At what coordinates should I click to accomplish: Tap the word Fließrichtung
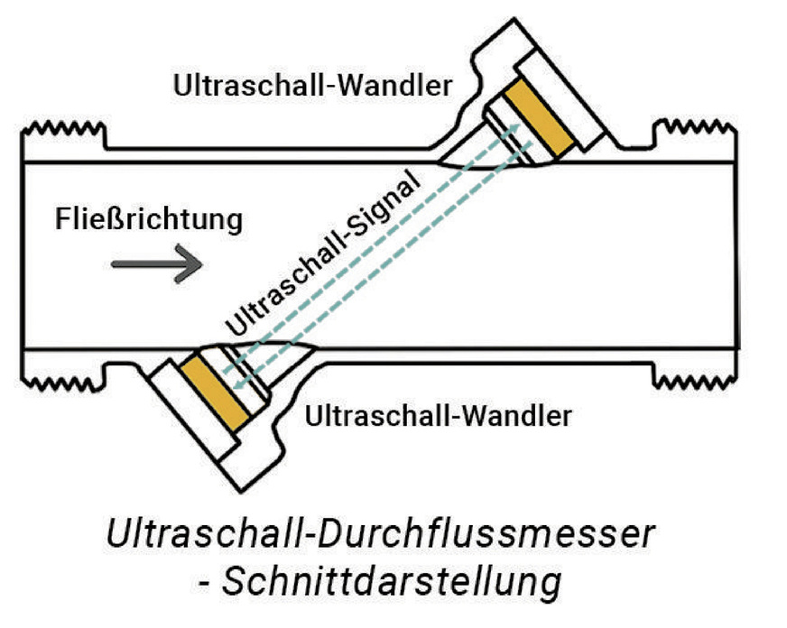(x=149, y=218)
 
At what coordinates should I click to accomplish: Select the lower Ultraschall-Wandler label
(x=439, y=416)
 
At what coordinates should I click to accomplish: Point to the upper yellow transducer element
(x=541, y=115)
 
